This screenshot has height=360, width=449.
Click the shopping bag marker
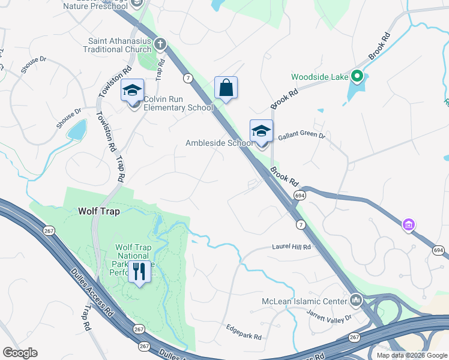pyautogui.click(x=226, y=88)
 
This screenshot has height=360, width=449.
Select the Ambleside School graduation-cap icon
pyautogui.click(x=261, y=131)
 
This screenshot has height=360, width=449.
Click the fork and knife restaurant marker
pyautogui.click(x=139, y=271)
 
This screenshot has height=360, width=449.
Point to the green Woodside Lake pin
pyautogui.click(x=357, y=76)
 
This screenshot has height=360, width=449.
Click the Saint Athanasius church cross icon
pyautogui.click(x=160, y=43)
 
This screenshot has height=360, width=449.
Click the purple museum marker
pyautogui.click(x=409, y=225)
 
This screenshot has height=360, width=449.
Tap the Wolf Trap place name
pyautogui.click(x=99, y=211)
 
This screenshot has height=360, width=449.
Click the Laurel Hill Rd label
pyautogui.click(x=291, y=247)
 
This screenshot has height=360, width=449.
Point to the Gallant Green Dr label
pyautogui.click(x=301, y=137)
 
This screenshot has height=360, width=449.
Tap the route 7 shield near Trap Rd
pyautogui.click(x=188, y=79)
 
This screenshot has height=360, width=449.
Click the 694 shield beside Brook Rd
pyautogui.click(x=298, y=195)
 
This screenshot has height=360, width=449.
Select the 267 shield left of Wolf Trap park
pyautogui.click(x=49, y=230)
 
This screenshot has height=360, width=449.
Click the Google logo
pyautogui.click(x=20, y=353)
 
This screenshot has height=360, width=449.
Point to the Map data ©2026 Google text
pyautogui.click(x=412, y=355)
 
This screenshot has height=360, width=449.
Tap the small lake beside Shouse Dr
pyautogui.click(x=77, y=129)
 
